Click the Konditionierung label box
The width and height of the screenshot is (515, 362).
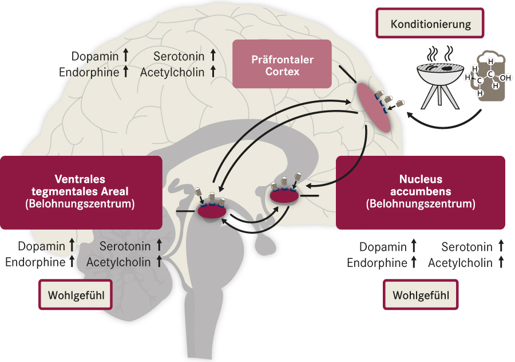coord(430,24)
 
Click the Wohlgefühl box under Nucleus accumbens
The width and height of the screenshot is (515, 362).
coord(421,295)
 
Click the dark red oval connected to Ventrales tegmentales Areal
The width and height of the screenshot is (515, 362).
coord(212,210)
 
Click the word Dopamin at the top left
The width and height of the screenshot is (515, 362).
coord(94,56)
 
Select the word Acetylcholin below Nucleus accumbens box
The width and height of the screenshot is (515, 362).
coord(460,263)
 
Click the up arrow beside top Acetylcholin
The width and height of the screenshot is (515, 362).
coord(213,71)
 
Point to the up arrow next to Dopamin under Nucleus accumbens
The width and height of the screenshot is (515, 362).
coord(414,247)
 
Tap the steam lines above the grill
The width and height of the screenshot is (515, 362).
coord(441,53)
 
